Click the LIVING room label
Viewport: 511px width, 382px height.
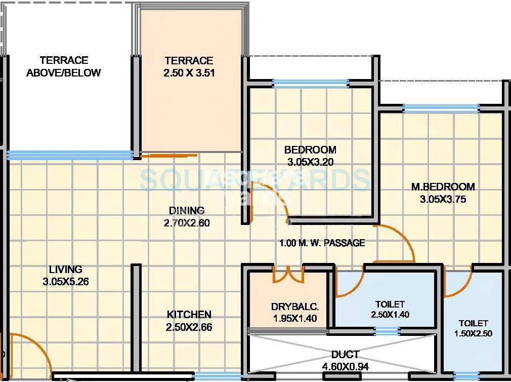coord(66,270)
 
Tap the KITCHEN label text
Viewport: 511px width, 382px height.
coord(189,315)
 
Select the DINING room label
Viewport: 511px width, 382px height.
coord(187,210)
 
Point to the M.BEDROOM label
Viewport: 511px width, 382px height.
coord(443,187)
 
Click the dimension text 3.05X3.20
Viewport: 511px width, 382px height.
coord(310,162)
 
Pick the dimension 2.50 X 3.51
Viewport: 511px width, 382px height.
coord(189,72)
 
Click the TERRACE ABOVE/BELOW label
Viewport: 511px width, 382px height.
coord(64,66)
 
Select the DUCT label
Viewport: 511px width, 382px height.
coord(345,354)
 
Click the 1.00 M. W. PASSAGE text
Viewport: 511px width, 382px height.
coord(322,243)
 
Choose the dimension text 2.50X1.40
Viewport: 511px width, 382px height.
coord(390,314)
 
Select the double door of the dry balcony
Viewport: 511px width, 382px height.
coord(288,274)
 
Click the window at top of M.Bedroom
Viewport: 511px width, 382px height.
coord(441,108)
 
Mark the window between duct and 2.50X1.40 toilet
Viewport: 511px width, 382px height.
coord(388,331)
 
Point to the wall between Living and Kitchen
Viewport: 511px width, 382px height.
coord(136,319)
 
